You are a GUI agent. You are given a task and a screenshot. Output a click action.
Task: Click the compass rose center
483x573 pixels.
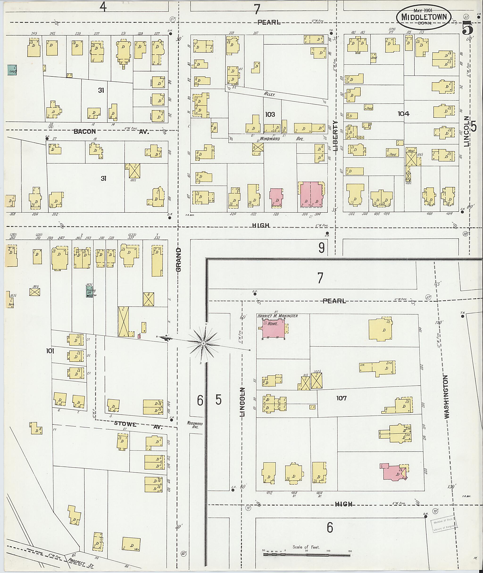204,343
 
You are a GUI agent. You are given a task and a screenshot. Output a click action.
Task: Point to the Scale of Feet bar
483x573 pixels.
307,555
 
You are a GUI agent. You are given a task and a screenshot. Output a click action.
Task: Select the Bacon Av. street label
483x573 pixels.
111,132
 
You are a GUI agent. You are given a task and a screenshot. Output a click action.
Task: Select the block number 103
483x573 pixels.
270,114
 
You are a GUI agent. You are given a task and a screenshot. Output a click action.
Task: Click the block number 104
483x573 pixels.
403,113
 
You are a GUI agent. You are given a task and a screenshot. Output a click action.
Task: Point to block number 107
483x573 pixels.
341,398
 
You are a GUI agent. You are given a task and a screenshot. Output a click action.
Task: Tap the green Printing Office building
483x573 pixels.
89,292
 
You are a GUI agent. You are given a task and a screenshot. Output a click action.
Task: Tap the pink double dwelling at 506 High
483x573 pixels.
311,196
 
